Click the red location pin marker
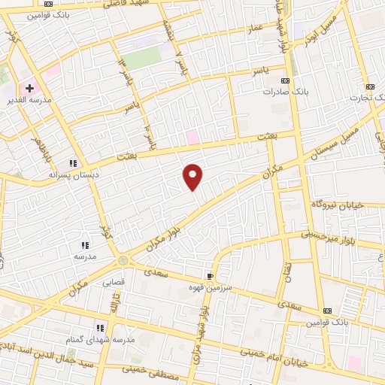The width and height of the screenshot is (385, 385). point(193,176)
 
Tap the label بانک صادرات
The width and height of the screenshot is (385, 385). point(282,92)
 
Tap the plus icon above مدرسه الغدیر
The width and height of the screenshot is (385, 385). point(30,88)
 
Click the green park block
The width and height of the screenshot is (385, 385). point(143,57)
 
